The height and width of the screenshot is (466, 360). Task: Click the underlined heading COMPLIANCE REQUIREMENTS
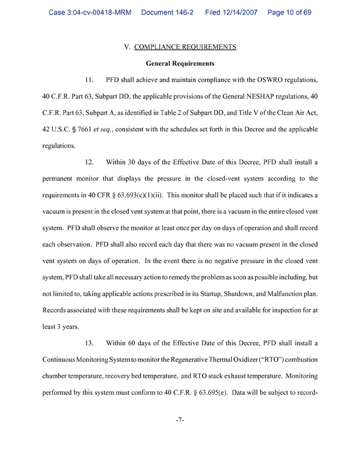click(x=186, y=46)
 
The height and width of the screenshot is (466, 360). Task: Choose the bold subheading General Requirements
click(x=180, y=63)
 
